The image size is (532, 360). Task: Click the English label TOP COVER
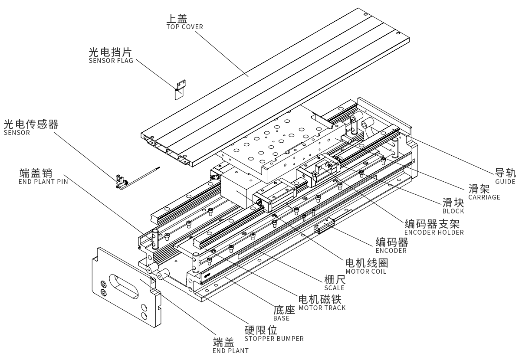tap(184, 27)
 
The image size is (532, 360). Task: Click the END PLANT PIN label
tap(43, 182)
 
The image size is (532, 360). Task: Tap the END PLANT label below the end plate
tap(231, 350)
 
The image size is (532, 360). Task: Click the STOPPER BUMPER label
tap(274, 338)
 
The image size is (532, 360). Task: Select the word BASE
tap(281, 318)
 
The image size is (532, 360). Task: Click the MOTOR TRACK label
tap(322, 308)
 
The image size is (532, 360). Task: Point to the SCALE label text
tap(334, 288)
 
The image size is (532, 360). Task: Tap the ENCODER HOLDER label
tap(433, 232)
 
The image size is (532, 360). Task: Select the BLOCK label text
tap(453, 211)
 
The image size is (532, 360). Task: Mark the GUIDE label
tap(505, 181)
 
